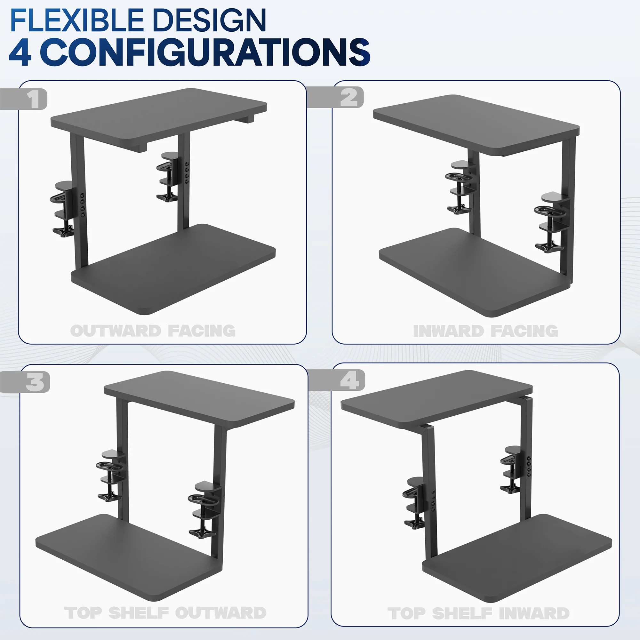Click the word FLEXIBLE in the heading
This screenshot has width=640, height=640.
tap(76, 20)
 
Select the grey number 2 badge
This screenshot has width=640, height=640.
tap(349, 97)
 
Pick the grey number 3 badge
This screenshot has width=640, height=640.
tap(35, 382)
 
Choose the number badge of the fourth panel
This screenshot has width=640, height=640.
tap(349, 380)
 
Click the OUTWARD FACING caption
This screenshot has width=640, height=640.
tap(153, 331)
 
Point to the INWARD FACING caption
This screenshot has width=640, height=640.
tap(486, 331)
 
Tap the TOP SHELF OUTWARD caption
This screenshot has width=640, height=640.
tap(165, 613)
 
